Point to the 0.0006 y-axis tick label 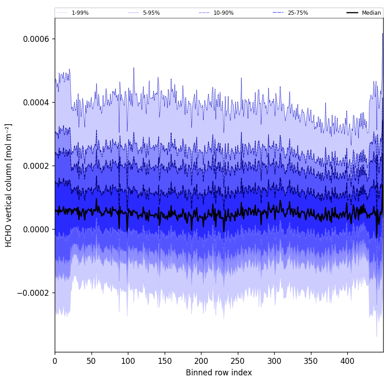point(36,39)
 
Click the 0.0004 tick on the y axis point(36,103)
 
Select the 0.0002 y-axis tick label point(36,166)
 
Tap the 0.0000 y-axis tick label point(36,230)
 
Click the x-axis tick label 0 point(55,361)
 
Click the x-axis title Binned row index point(219,373)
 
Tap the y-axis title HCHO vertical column point(9,185)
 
